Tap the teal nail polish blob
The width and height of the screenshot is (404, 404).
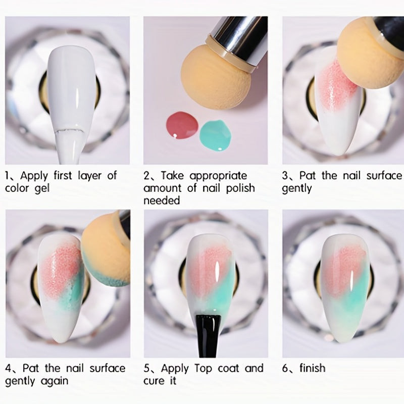(x=215, y=135)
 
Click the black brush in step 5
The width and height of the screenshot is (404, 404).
(x=208, y=335)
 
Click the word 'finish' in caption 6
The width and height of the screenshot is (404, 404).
(x=312, y=368)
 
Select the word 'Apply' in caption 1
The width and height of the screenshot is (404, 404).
(x=34, y=176)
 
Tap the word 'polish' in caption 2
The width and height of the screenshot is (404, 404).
(x=240, y=188)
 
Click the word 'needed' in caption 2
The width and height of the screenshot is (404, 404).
(x=162, y=200)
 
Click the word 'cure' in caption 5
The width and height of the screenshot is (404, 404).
(x=154, y=381)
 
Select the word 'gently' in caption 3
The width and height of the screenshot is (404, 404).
(x=297, y=189)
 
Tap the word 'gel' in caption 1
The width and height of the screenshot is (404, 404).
(x=42, y=188)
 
